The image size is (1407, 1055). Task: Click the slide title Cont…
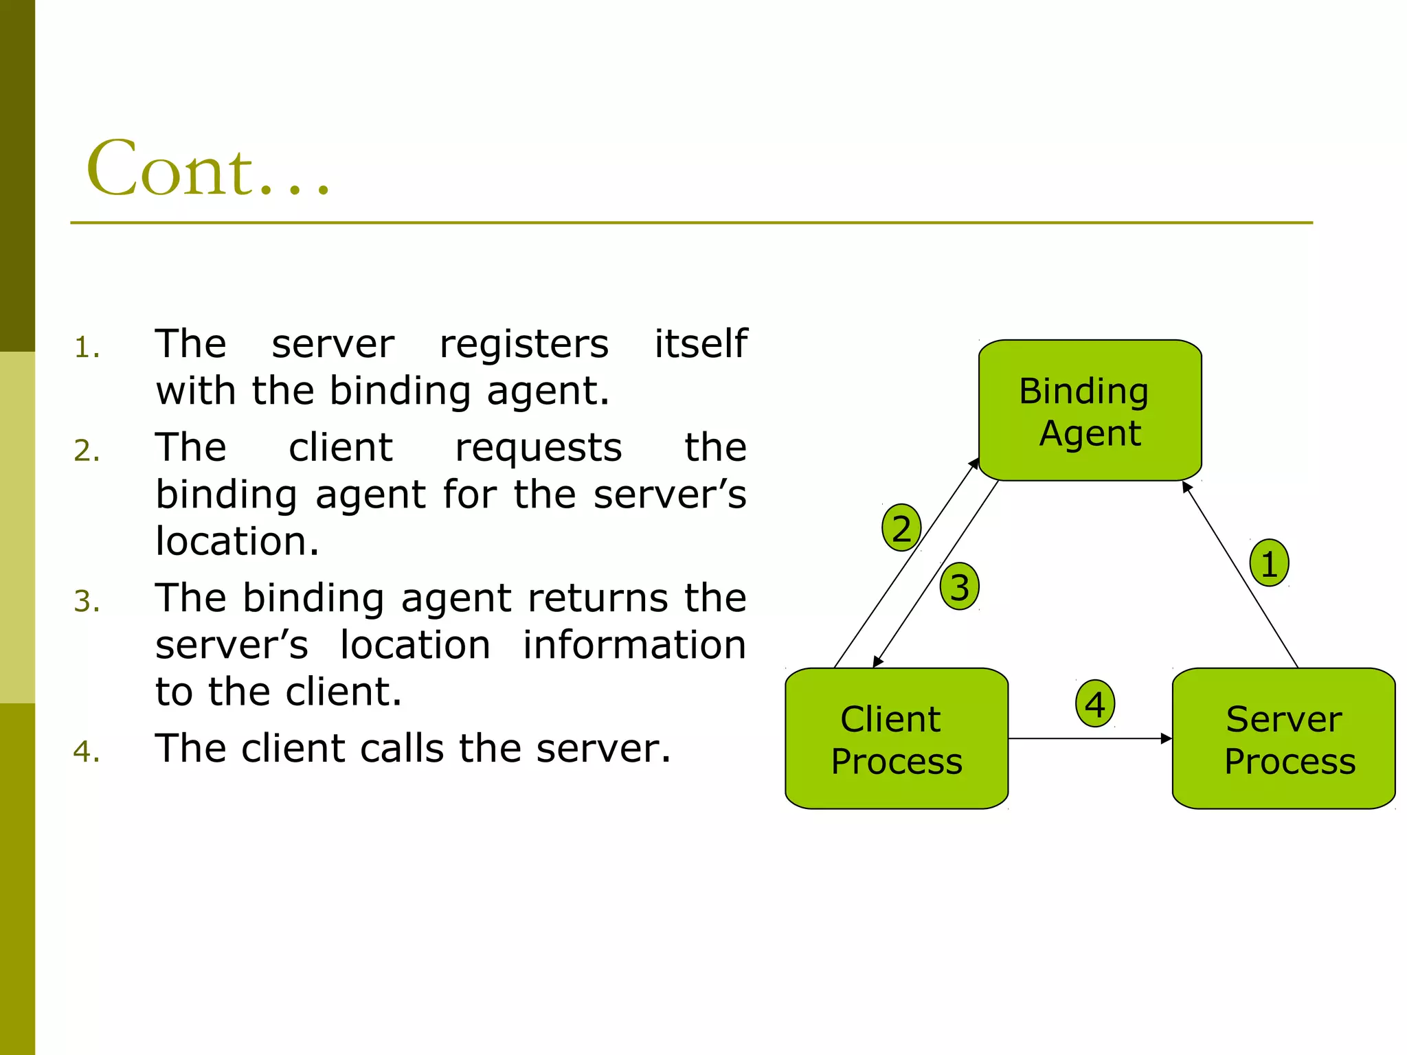coord(208,168)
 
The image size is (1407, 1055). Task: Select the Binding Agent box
coord(1090,411)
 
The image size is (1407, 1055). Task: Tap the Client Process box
coord(896,739)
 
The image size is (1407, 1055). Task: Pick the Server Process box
coord(1283,739)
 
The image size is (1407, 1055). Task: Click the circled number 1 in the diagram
coord(1269,563)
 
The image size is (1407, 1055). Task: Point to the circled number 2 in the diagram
coord(901,528)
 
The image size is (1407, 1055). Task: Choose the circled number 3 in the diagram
coord(959,587)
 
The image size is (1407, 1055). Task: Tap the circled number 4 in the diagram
coord(1094,704)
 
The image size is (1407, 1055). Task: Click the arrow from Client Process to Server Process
coord(1090,739)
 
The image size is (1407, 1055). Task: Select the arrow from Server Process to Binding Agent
coord(1240,575)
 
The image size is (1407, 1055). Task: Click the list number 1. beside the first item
coord(87,348)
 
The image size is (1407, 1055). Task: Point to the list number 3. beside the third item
coord(87,602)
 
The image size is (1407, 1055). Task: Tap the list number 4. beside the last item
coord(87,752)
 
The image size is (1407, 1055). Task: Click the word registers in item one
coord(524,345)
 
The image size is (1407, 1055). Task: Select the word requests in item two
coord(538,449)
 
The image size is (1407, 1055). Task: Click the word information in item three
coord(633,645)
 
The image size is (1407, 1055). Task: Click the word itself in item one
coord(700,343)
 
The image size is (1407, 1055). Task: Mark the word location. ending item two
coord(237,541)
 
